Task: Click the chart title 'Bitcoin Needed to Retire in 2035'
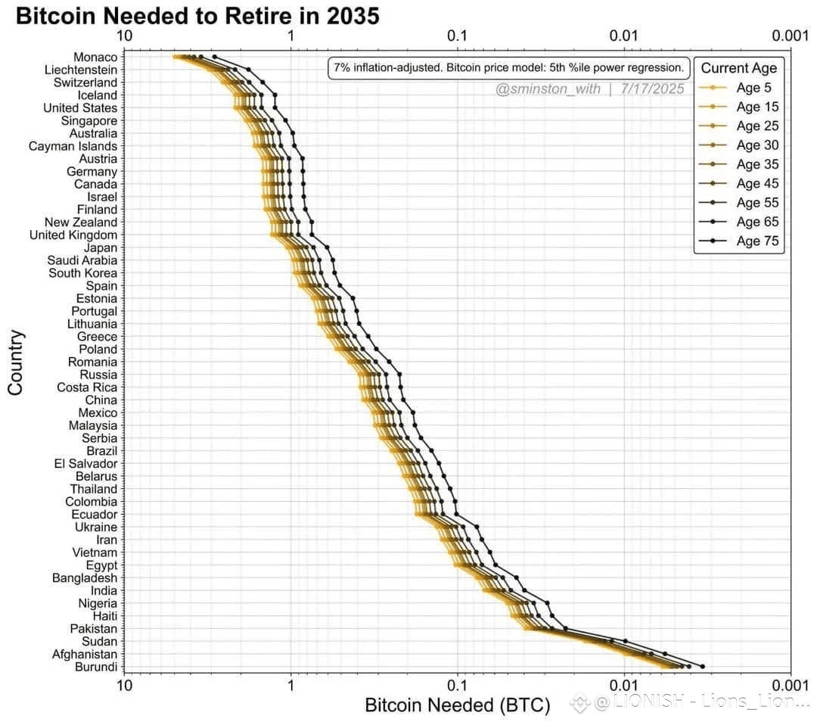coord(197,16)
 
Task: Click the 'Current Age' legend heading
coord(738,68)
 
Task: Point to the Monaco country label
coord(95,58)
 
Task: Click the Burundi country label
coord(96,667)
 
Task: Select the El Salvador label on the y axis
coord(85,463)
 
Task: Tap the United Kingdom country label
coord(73,235)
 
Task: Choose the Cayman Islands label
coord(73,146)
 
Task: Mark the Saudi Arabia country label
coord(82,260)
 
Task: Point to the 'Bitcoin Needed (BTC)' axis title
coord(458,705)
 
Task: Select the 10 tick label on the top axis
coord(124,36)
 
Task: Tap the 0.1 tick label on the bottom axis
coord(457,685)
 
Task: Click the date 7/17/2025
coord(652,89)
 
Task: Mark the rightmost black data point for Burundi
coord(703,667)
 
